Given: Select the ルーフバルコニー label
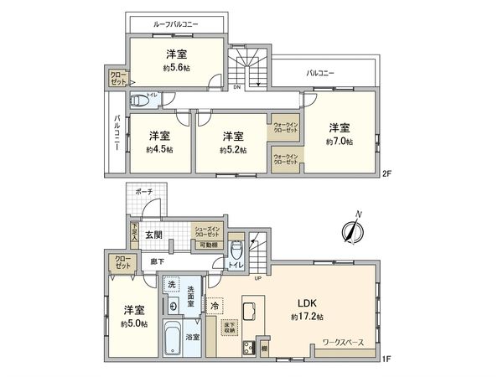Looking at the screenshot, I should [176, 24].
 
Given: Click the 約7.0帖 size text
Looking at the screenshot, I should [340, 142].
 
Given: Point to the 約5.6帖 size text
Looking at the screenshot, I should [176, 68].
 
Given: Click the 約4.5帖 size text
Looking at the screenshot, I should [159, 150].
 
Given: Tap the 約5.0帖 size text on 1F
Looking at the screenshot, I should [134, 323].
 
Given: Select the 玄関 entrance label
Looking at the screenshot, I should [153, 235].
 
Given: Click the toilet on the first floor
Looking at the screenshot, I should [236, 251].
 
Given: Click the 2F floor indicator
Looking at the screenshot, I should [386, 174].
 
